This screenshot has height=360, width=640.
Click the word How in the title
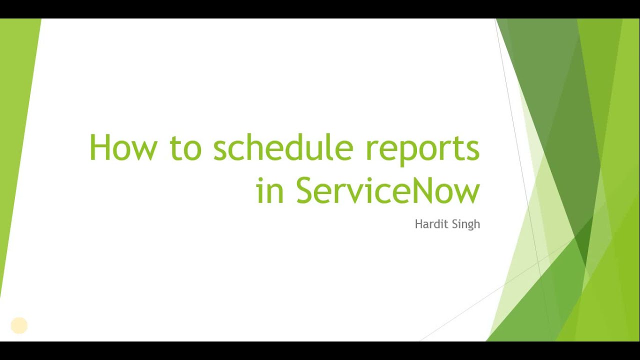[123, 148]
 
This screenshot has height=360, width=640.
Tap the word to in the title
[185, 148]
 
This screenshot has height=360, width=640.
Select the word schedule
[283, 148]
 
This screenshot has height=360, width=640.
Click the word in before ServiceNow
[270, 190]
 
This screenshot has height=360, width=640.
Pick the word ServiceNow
[388, 190]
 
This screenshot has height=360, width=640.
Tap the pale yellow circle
[19, 325]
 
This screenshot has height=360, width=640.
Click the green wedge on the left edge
[15, 125]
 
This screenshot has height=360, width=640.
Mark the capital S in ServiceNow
[306, 190]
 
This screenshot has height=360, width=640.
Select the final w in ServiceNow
[469, 192]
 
